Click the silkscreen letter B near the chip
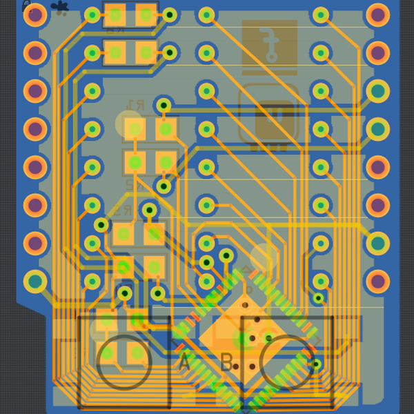226,361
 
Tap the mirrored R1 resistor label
136,106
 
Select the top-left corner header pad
35,15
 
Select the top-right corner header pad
377,15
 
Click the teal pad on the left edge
35,281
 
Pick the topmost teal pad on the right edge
377,91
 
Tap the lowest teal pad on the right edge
377,243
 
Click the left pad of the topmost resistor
115,15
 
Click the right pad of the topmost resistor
146,15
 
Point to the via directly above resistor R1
164,105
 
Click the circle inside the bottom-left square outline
124,361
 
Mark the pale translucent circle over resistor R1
129,124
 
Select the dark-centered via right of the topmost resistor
169,15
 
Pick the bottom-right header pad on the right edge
377,281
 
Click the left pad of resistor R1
135,128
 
